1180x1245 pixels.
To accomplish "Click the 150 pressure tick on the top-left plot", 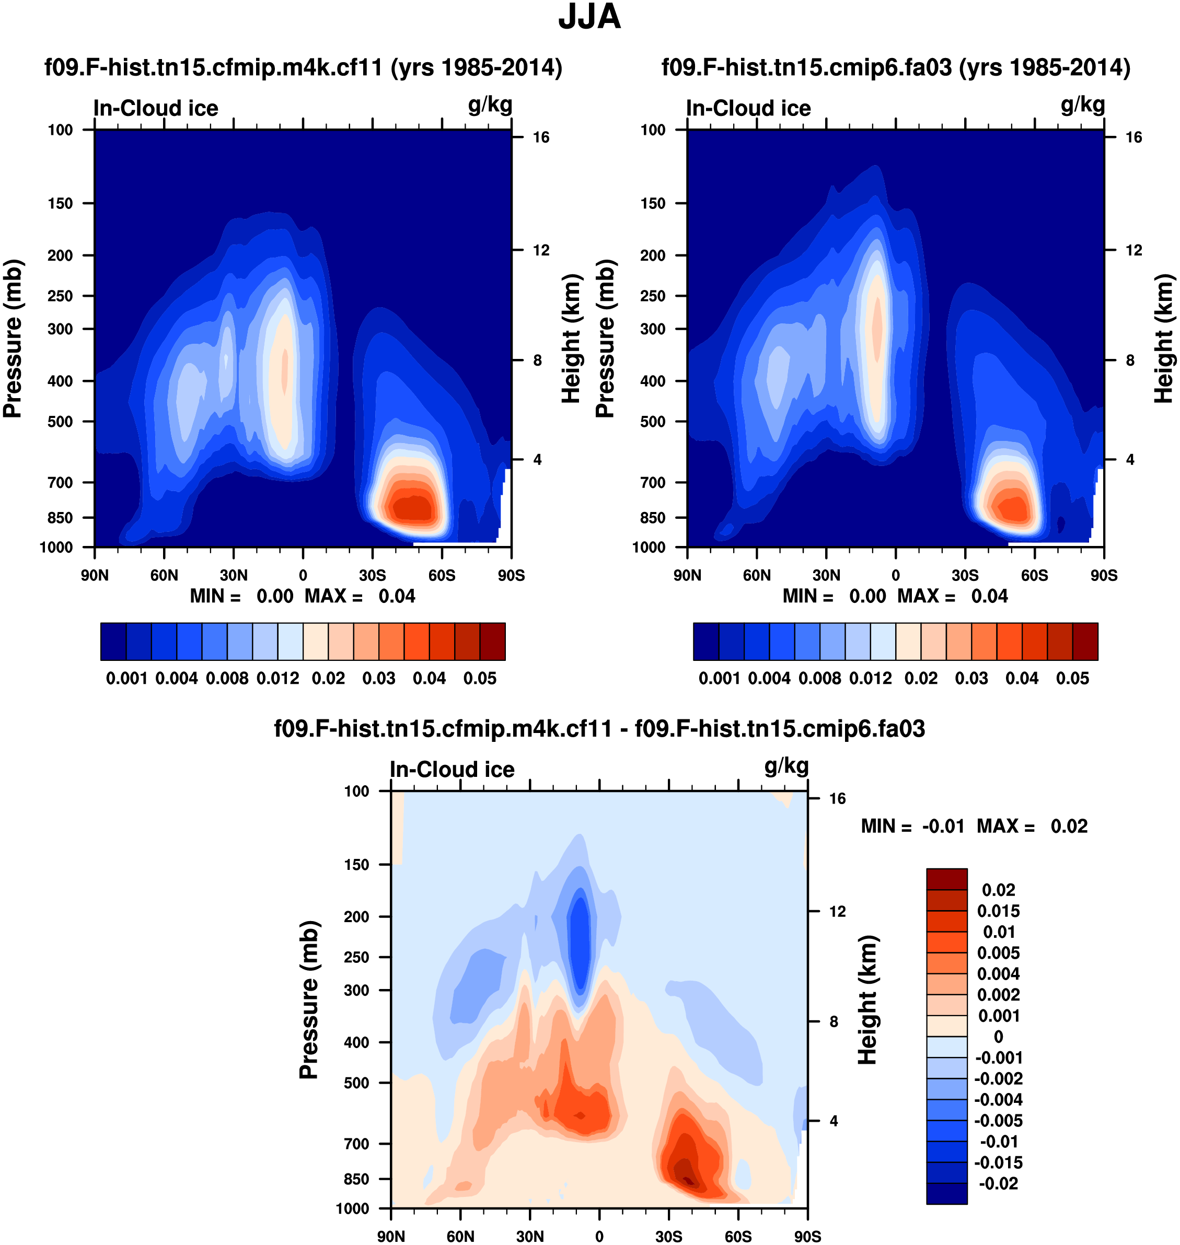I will click(61, 203).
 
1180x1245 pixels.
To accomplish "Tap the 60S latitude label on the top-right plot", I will click(1034, 575).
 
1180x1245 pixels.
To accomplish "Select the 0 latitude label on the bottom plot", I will click(599, 1236).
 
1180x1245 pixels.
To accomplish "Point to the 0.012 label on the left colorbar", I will click(277, 679).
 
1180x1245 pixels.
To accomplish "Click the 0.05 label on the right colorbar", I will click(1072, 679).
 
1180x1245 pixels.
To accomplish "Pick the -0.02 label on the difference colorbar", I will click(998, 1183).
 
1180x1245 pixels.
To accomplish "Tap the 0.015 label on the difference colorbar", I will click(998, 911).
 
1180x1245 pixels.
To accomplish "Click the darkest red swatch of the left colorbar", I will click(492, 642).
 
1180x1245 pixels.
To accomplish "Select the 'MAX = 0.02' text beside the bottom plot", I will click(1032, 826).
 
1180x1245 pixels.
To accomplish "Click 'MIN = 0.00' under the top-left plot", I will click(241, 596).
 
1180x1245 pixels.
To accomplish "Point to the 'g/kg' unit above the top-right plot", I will click(1082, 104).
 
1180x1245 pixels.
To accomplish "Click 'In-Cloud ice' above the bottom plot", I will click(452, 770).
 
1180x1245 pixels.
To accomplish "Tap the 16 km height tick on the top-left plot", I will click(541, 137).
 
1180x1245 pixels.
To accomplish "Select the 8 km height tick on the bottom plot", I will click(834, 1022).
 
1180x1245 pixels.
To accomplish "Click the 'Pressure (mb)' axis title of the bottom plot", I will click(309, 1000).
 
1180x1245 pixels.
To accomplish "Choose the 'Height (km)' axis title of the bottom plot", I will click(867, 1000).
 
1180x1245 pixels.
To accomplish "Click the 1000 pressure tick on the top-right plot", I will click(649, 547).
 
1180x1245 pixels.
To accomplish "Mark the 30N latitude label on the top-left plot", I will click(234, 575).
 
